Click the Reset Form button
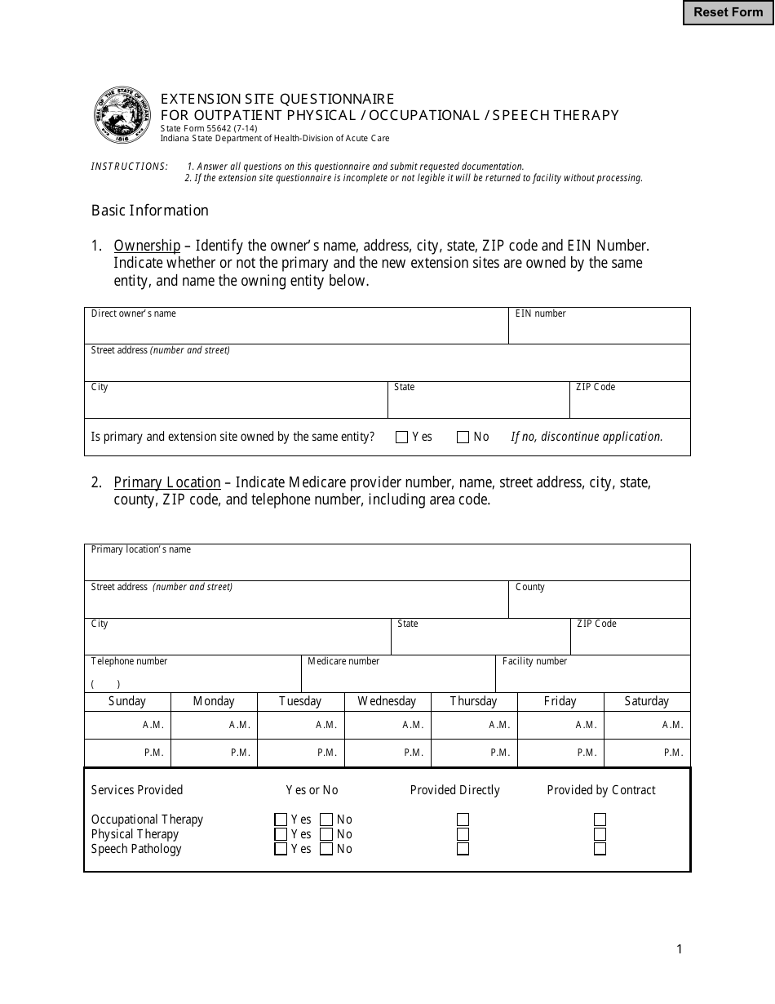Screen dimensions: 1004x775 coord(728,12)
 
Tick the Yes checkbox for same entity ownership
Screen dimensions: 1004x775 coord(401,438)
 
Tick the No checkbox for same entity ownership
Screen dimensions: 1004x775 coord(463,438)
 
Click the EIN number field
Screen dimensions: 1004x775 coord(600,331)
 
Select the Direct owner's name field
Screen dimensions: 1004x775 coord(296,331)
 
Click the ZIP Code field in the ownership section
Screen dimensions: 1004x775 coord(630,404)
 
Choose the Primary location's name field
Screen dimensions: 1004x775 coord(387,567)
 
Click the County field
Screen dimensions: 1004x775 coord(600,604)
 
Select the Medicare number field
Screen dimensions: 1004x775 coord(398,678)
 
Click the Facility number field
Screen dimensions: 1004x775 coord(593,678)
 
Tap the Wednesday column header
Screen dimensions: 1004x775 coord(387,701)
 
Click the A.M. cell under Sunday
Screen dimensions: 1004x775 coord(128,725)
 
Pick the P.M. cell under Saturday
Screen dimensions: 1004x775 coord(647,753)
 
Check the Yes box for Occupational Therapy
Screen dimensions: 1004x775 coord(281,820)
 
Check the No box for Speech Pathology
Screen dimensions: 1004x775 coord(326,849)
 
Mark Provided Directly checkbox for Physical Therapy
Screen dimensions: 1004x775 coord(463,834)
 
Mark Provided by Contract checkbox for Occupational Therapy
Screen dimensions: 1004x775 coord(600,820)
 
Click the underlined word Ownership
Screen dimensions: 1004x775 coord(147,246)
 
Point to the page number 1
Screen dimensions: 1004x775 coord(679,948)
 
